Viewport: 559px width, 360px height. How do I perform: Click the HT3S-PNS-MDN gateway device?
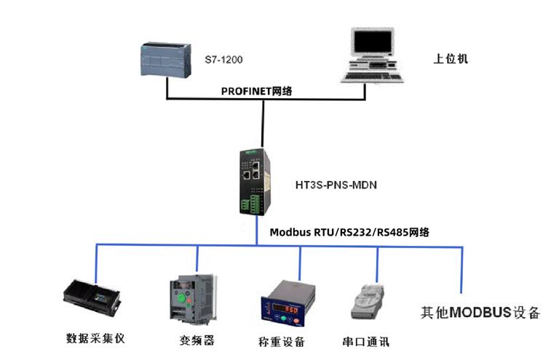[x=255, y=181]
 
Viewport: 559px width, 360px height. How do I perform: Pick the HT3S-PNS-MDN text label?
[x=336, y=185]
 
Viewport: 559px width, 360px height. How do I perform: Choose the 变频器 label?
[x=197, y=340]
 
